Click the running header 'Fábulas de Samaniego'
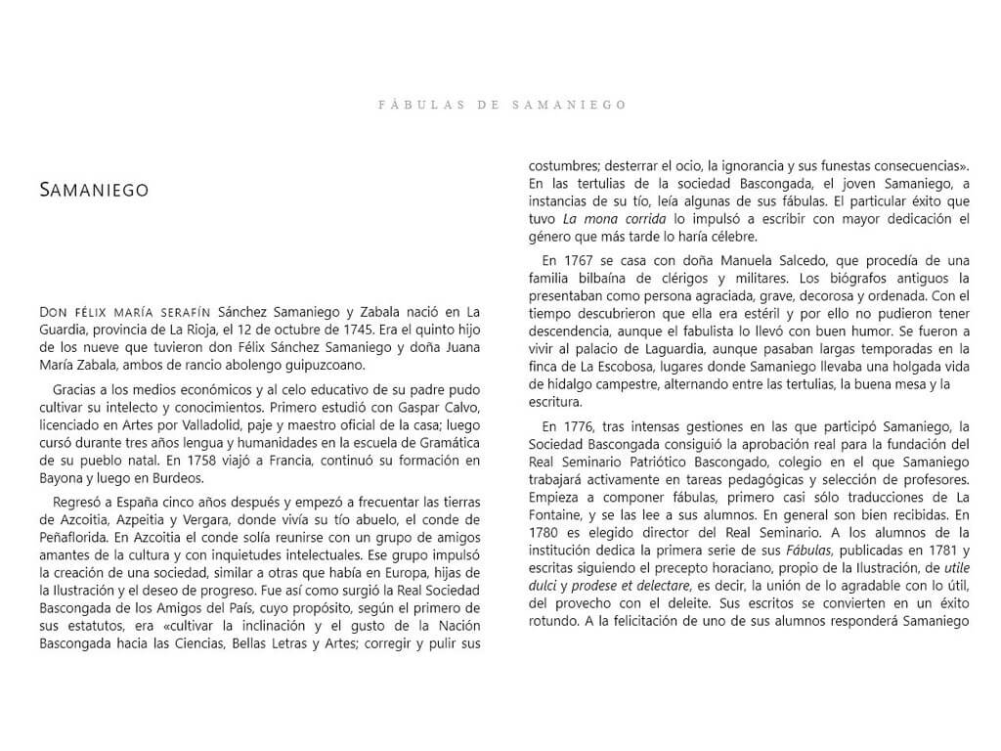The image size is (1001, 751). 501,104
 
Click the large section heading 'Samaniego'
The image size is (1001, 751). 94,191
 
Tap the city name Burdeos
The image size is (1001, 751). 175,478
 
